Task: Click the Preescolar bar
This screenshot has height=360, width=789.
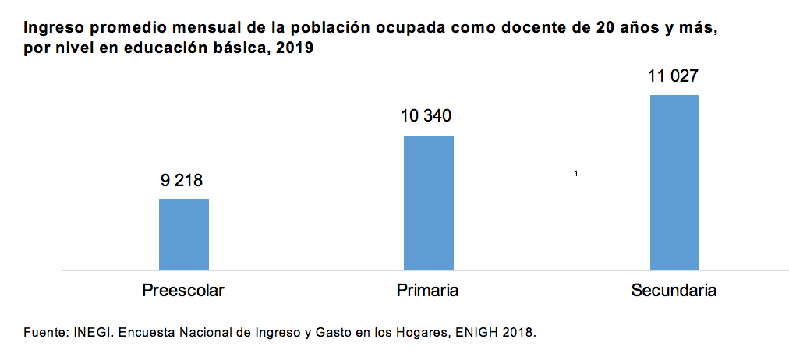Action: (184, 235)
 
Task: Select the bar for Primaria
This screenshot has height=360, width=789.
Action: (428, 203)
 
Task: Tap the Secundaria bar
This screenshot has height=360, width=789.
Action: (674, 182)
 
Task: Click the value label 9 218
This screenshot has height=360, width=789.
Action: (182, 181)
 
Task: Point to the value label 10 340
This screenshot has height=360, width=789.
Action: (426, 117)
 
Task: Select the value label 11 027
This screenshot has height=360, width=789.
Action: (673, 76)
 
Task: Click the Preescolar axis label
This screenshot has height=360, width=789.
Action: (183, 291)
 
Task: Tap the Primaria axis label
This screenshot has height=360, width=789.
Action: (427, 291)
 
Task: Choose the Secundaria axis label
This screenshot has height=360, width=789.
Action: (674, 291)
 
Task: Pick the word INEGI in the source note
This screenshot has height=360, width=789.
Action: (90, 333)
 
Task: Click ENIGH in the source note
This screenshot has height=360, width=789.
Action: (480, 333)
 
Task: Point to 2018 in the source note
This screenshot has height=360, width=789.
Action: (520, 333)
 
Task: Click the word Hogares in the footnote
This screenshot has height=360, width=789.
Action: (415, 333)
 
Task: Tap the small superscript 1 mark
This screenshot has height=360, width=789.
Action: (575, 173)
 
